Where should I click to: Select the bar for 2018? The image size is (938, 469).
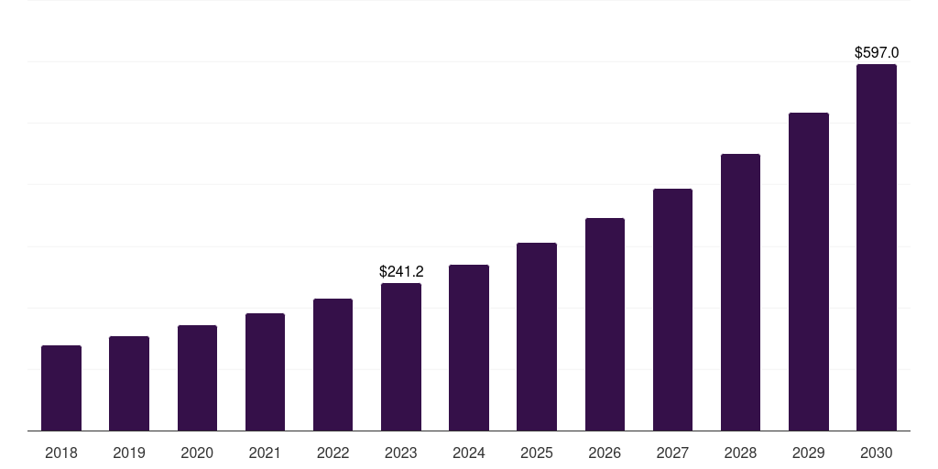(x=61, y=388)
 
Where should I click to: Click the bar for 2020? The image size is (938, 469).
(x=197, y=378)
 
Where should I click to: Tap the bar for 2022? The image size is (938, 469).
(x=333, y=365)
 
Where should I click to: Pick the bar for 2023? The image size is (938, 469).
(x=401, y=357)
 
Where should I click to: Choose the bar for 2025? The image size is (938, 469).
(x=537, y=337)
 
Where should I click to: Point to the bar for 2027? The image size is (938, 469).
(x=672, y=310)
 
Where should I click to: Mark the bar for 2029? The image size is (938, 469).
(x=809, y=272)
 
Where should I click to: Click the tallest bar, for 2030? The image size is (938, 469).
(x=877, y=247)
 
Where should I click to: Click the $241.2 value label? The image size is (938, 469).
(x=401, y=271)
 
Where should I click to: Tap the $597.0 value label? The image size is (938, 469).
(x=877, y=52)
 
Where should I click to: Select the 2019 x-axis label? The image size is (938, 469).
(x=129, y=453)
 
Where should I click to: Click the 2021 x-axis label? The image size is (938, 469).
(x=265, y=453)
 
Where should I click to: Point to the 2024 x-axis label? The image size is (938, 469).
(x=469, y=453)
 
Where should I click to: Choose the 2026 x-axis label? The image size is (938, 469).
(x=605, y=453)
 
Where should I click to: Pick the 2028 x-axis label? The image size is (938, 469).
(x=740, y=453)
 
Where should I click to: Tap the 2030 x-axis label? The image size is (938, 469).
(x=877, y=453)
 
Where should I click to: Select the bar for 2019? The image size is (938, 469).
(x=129, y=384)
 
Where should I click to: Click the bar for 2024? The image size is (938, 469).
(x=469, y=348)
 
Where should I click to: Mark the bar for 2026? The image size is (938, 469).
(x=605, y=324)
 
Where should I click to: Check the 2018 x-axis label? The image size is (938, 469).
(x=61, y=453)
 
